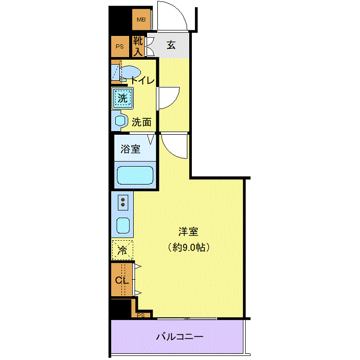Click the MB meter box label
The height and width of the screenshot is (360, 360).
click(x=141, y=20)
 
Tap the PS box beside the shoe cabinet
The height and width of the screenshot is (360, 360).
click(x=120, y=47)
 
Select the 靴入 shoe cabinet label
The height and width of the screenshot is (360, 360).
click(x=138, y=46)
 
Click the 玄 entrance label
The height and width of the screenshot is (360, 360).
click(x=171, y=45)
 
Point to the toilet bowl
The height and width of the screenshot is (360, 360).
click(x=130, y=73)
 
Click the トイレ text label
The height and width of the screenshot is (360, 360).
click(x=142, y=80)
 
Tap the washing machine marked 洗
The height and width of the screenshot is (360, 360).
click(x=122, y=98)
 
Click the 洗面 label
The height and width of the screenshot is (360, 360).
click(x=141, y=122)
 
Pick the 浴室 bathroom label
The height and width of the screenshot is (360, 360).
click(x=131, y=149)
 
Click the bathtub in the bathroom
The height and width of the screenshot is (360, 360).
click(x=135, y=175)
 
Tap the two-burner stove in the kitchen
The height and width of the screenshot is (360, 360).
click(x=123, y=203)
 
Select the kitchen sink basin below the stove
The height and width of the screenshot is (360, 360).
click(x=123, y=225)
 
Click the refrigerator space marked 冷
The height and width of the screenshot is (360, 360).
click(x=122, y=250)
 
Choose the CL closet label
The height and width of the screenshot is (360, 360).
click(x=122, y=280)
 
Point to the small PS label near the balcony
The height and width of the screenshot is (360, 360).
click(x=141, y=315)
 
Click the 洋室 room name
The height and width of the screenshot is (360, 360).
click(x=188, y=231)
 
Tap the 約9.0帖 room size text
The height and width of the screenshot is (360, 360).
click(x=189, y=247)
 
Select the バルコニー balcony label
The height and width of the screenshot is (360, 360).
click(x=180, y=337)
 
